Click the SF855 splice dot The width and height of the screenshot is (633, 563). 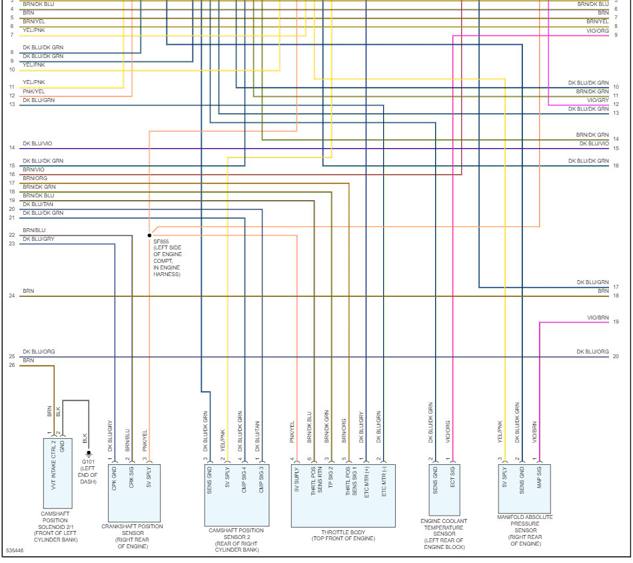tap(149, 235)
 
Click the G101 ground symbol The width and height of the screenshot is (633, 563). tap(89, 454)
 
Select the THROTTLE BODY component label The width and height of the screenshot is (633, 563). tap(343, 535)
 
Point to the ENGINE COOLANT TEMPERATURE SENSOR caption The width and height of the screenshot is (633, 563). tap(444, 534)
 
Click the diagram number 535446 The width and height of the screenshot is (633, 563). tap(15, 552)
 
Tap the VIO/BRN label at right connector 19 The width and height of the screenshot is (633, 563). tap(597, 318)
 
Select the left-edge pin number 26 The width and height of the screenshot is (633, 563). tap(12, 366)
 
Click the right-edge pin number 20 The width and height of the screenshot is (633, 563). tap(616, 357)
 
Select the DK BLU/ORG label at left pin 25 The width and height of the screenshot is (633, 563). tap(39, 352)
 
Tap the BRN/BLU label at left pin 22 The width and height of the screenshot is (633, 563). tap(34, 230)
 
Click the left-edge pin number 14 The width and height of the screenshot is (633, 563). tap(12, 148)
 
